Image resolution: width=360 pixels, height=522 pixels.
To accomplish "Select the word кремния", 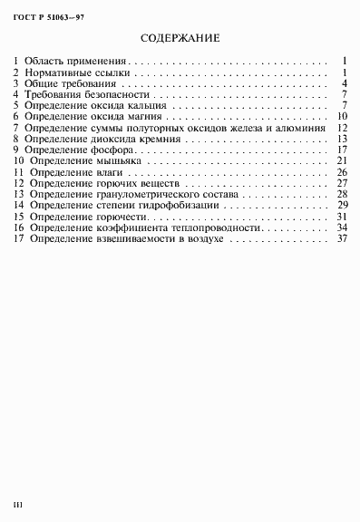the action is click(x=162, y=140).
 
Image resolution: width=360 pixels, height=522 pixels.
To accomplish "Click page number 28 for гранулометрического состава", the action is click(x=342, y=194).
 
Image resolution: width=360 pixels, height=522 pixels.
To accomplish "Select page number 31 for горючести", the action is click(x=342, y=217).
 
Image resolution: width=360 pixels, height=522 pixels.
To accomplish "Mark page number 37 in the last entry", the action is click(x=342, y=238).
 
